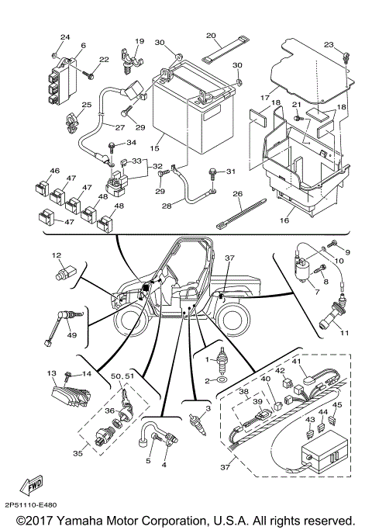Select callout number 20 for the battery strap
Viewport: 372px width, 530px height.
point(211,36)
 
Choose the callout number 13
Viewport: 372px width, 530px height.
point(52,373)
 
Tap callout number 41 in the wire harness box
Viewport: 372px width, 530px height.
point(296,362)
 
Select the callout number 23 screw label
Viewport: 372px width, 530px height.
point(328,45)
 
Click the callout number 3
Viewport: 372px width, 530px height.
point(208,406)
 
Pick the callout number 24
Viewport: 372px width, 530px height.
point(65,37)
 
